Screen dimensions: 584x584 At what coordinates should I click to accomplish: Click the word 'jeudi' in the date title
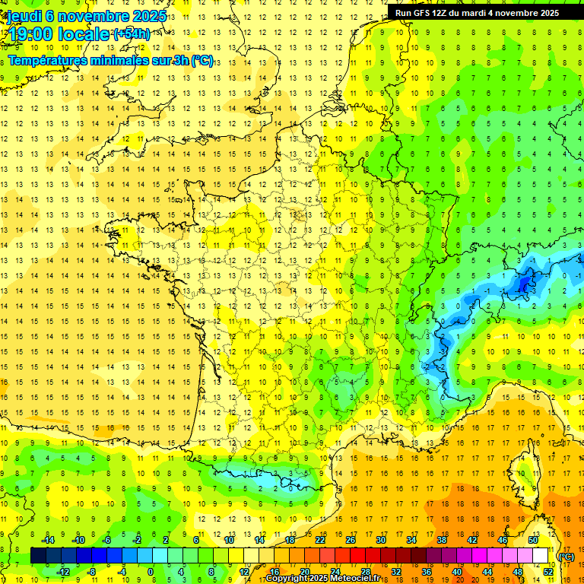tap(25, 16)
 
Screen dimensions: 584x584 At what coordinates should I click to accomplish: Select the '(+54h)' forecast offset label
tap(132, 33)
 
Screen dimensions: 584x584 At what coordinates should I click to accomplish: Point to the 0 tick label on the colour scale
tap(151, 571)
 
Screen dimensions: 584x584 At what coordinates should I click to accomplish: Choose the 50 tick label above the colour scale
tap(532, 540)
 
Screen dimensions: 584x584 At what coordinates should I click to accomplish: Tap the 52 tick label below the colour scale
tap(547, 571)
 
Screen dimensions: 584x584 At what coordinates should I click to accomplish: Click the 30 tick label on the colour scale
tap(380, 540)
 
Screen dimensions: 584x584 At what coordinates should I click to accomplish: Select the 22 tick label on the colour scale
tap(320, 540)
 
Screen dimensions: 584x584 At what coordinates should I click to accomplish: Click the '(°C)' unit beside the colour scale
tap(566, 556)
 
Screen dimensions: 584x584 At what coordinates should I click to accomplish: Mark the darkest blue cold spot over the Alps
tap(524, 284)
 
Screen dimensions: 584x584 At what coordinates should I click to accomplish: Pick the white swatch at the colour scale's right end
tap(540, 556)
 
